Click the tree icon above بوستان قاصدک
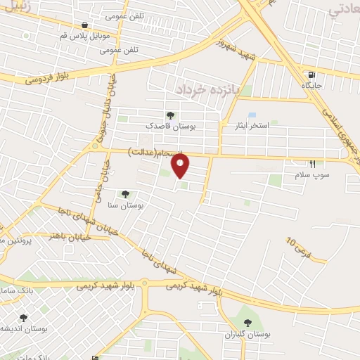point(169,115)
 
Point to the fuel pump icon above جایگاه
point(311,75)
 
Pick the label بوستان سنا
point(127,205)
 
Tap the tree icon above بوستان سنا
point(125,194)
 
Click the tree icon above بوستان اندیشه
point(22,318)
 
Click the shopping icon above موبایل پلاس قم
point(84,25)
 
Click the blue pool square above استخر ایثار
point(252,114)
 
